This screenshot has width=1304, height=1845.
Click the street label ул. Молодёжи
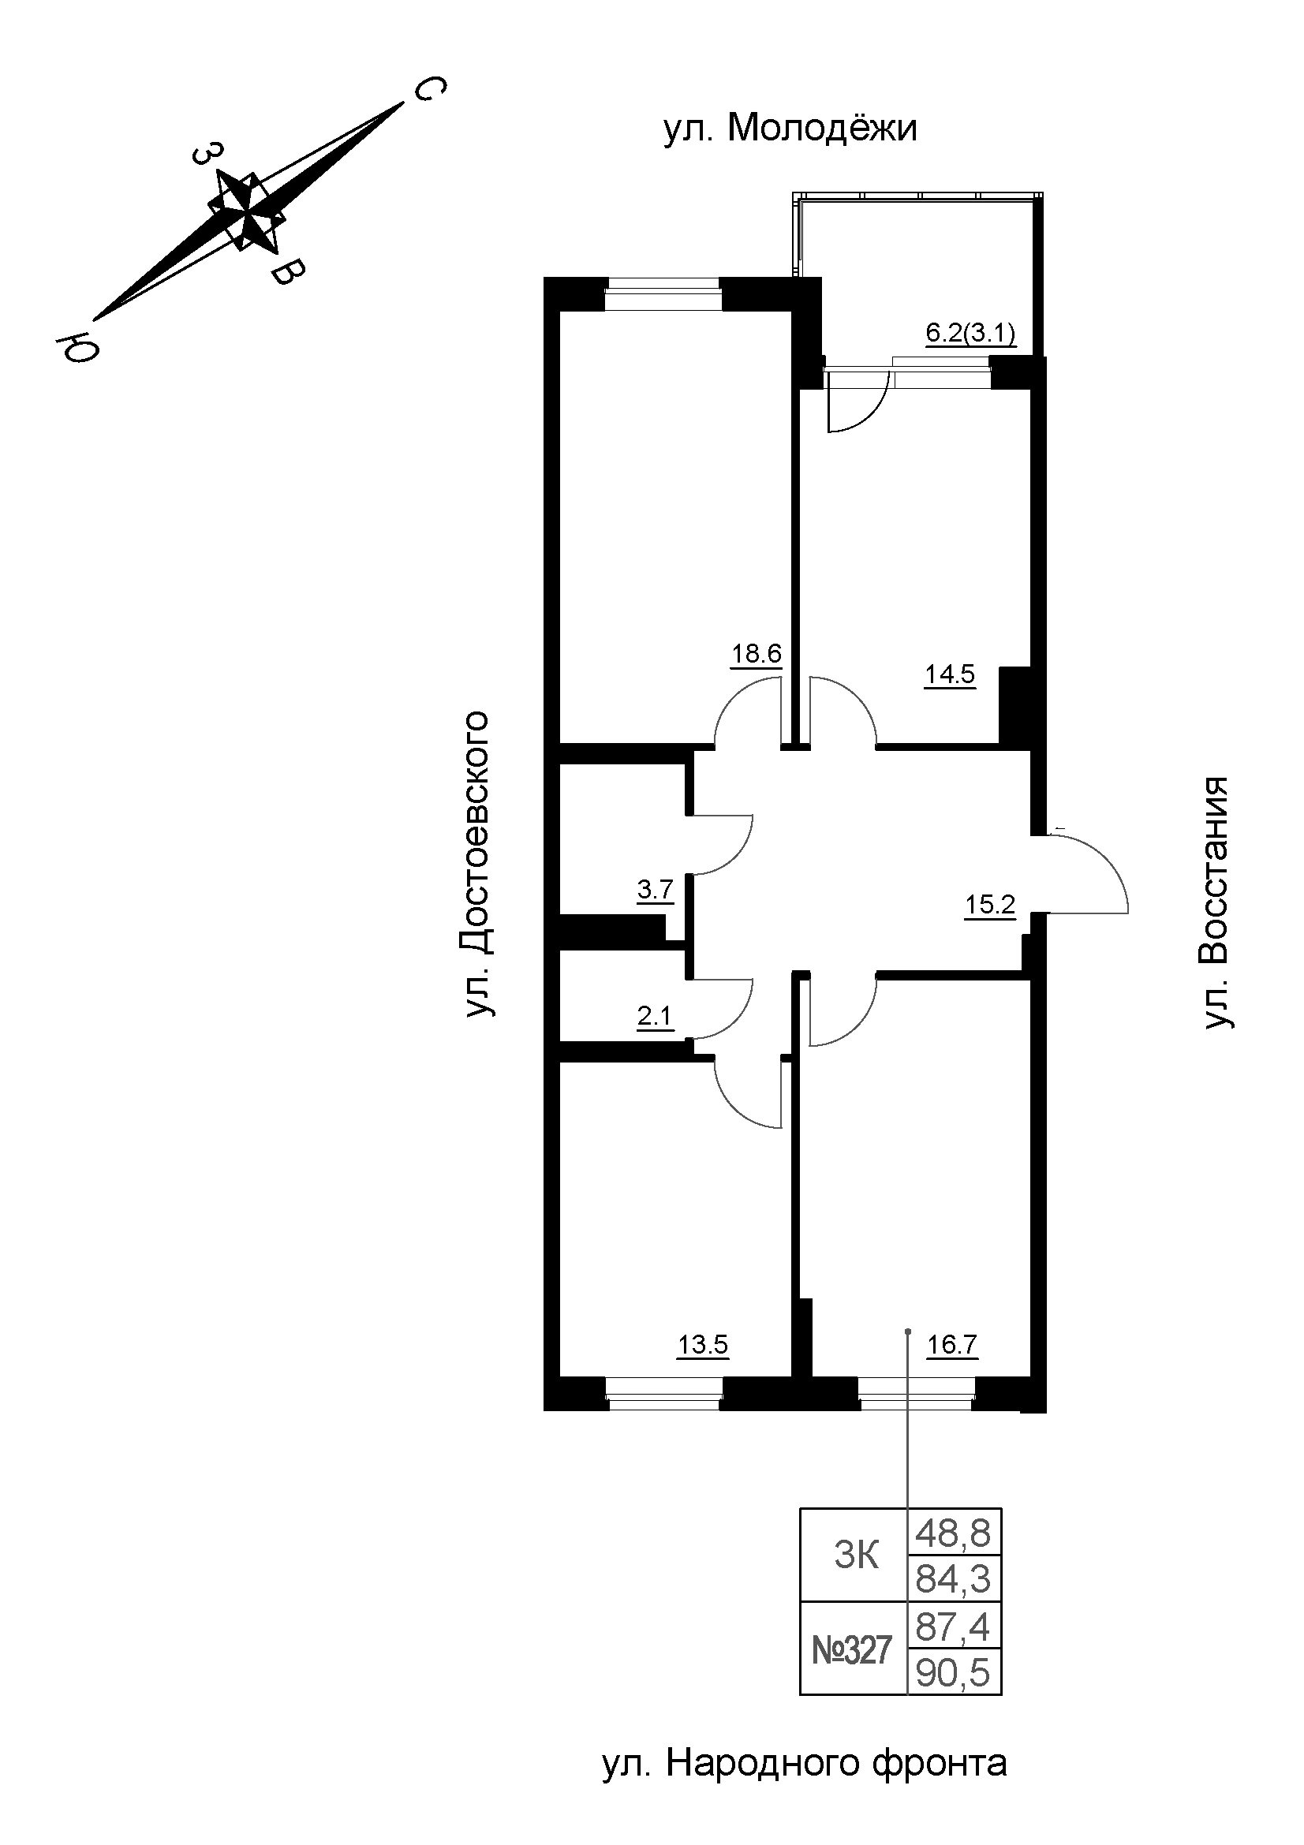point(790,129)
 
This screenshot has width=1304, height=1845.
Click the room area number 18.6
point(756,653)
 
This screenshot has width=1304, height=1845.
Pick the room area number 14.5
point(950,674)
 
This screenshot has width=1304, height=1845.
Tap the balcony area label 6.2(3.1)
point(971,333)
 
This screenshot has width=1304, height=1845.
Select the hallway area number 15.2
point(990,906)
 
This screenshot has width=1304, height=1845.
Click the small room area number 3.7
point(655,891)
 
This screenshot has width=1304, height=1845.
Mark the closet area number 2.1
point(655,1018)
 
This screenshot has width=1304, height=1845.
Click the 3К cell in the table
point(856,1556)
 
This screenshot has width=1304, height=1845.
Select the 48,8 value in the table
point(954,1534)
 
